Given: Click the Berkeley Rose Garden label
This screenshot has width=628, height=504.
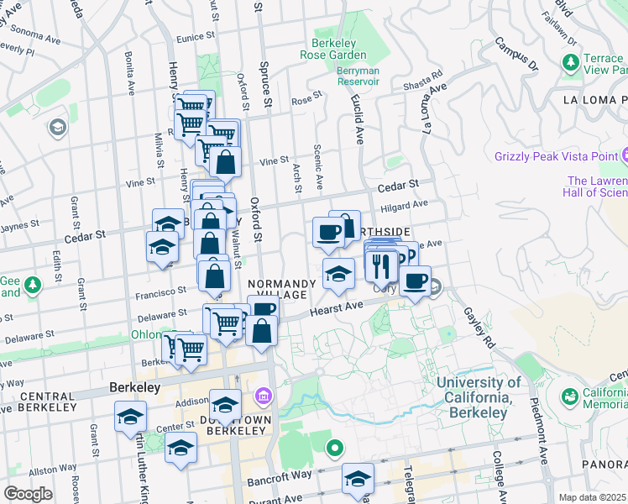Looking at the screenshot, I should click(333, 50).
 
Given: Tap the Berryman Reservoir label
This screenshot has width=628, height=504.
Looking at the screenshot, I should click(358, 76).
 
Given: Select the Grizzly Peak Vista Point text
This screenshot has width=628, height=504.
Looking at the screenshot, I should click(556, 156).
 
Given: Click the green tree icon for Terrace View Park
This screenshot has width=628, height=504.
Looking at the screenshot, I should click(571, 62).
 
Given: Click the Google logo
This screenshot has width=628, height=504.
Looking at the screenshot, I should click(28, 494).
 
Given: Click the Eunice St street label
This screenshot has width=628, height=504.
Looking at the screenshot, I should click(198, 38).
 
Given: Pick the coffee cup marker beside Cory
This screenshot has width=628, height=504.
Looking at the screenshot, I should click(414, 281).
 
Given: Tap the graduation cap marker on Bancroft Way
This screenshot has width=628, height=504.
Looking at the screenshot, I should click(358, 478).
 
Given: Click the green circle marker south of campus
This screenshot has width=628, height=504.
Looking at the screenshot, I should click(335, 449).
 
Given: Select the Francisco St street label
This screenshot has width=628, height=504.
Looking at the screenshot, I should click(159, 289).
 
